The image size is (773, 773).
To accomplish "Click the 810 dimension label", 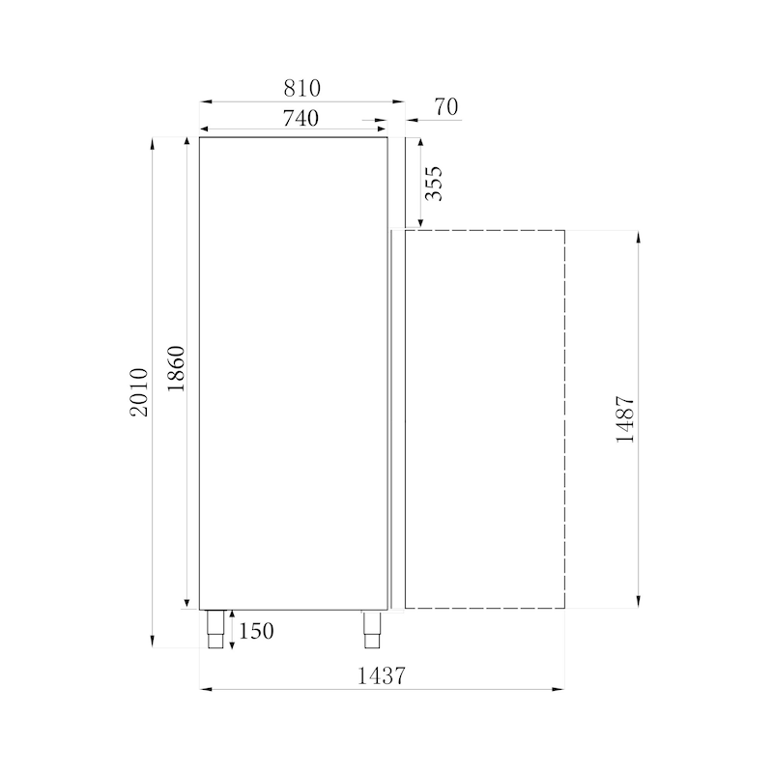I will click(301, 88).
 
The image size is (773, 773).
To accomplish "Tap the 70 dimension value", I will click(445, 106).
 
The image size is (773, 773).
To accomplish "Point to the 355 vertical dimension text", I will click(434, 183).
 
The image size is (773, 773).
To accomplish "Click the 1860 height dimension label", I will click(175, 369).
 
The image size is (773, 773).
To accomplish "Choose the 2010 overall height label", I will click(139, 392).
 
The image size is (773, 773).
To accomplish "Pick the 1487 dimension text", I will click(624, 418).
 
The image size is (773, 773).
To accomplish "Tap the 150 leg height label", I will click(255, 631).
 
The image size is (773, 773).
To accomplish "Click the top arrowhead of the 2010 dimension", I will click(153, 142).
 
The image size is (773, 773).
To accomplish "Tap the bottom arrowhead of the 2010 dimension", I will click(153, 642).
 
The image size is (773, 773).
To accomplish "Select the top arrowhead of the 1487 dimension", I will click(639, 236).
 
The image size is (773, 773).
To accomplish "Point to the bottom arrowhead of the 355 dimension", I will click(420, 224).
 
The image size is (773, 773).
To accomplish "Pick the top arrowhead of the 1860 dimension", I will click(187, 142).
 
